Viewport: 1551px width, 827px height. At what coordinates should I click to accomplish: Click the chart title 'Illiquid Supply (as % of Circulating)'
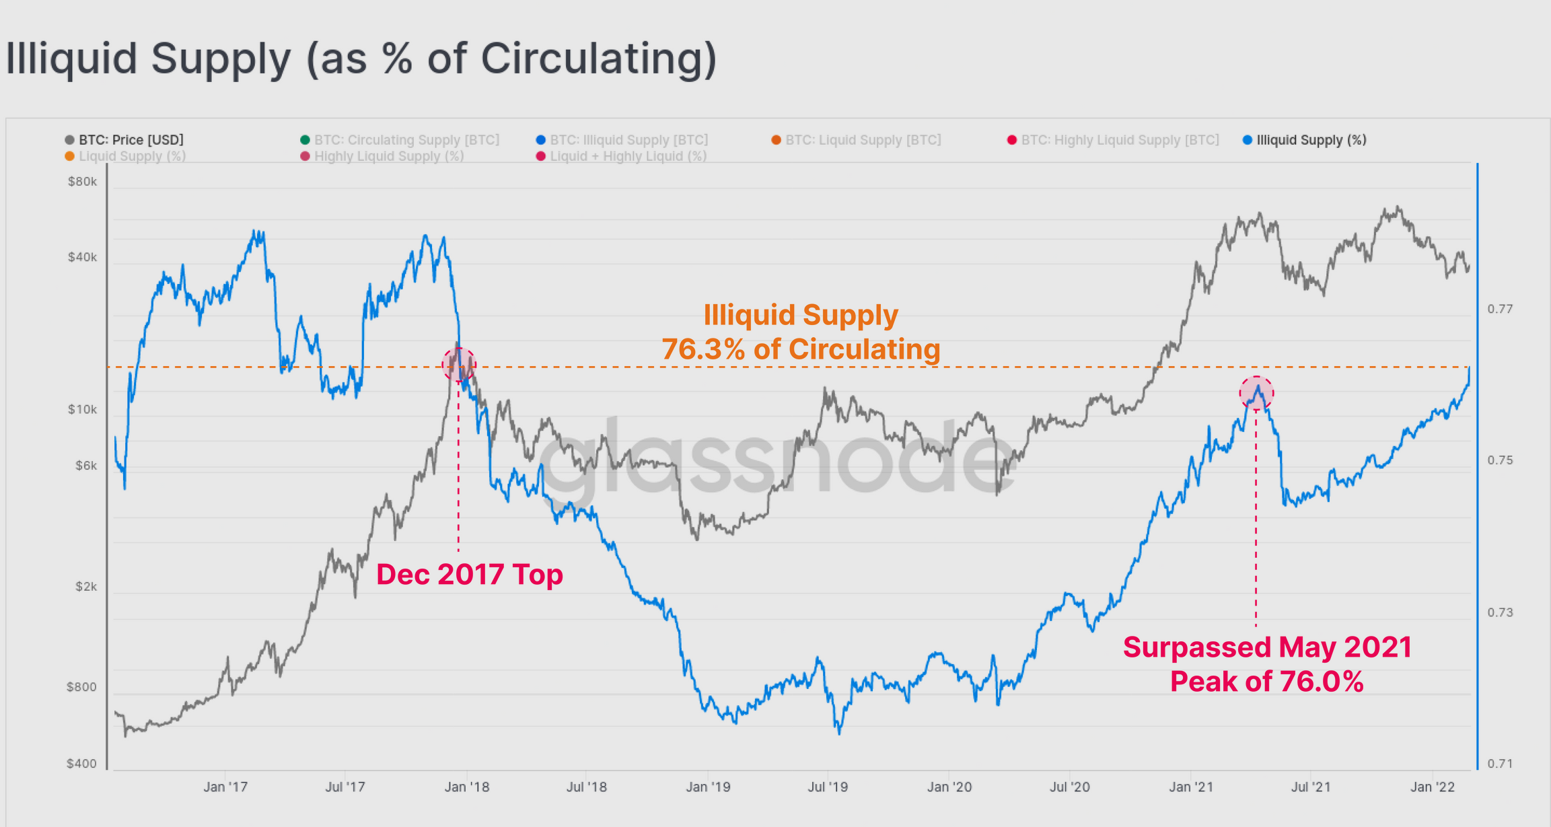point(361,59)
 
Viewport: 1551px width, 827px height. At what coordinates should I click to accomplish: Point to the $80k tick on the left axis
point(82,182)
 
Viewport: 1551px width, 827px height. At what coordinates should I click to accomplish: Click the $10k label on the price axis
point(82,409)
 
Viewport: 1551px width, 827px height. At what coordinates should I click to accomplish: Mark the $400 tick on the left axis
point(81,764)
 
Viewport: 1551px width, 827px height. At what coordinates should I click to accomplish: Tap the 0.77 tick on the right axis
point(1500,309)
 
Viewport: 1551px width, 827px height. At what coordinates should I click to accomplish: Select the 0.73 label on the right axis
point(1500,612)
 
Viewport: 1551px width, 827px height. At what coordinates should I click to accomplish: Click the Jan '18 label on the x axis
point(467,787)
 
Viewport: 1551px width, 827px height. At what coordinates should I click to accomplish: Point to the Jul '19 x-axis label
point(828,787)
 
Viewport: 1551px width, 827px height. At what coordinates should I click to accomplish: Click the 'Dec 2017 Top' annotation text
point(470,575)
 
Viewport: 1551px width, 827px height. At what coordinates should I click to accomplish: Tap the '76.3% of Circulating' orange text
point(801,349)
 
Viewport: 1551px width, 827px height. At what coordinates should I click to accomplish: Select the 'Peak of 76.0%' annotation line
point(1266,681)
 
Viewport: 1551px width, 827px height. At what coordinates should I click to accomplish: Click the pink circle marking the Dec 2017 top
point(459,365)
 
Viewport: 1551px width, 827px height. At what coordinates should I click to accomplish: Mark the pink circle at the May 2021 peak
point(1256,393)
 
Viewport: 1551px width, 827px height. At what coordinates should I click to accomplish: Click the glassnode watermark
point(774,458)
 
